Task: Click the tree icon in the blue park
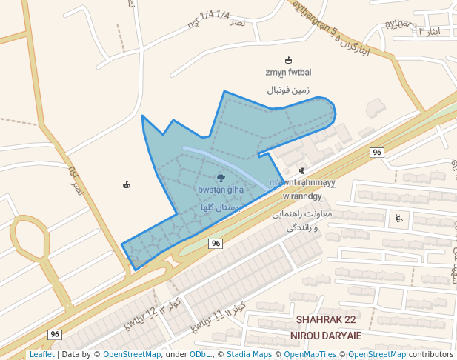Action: tap(221, 178)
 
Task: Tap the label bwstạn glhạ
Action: tap(221, 190)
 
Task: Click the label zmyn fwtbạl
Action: tap(288, 72)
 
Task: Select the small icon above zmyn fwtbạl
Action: tap(288, 60)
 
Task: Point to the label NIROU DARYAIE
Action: tap(330, 335)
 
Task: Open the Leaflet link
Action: tap(41, 354)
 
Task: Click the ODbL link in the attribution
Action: tap(199, 354)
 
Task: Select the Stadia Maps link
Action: tap(247, 354)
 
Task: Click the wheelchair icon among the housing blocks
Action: tap(398, 218)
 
